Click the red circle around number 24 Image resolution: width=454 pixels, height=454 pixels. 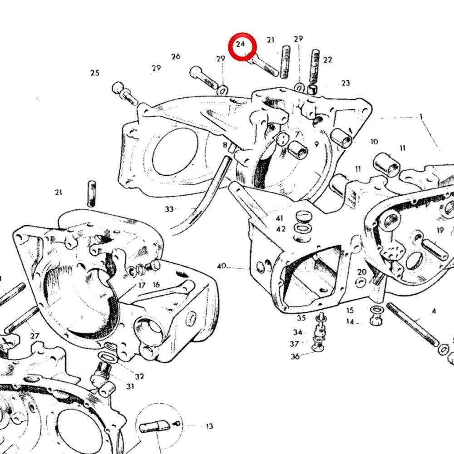pos(242,33)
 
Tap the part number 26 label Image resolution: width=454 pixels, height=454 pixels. pos(176,56)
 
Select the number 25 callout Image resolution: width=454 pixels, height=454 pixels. pos(95,73)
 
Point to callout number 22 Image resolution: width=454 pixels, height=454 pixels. pos(327,60)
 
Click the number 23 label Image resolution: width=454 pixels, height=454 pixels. pos(345,83)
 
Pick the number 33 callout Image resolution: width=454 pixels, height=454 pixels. pos(169,209)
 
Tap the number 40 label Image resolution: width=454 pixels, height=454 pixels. pos(222,266)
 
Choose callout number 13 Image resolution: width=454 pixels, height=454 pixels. pos(209,426)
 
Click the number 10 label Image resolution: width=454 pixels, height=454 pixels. pos(374,142)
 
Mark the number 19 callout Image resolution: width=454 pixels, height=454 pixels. pos(440,231)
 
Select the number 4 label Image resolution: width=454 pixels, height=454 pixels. pos(434,311)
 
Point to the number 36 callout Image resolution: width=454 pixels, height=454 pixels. pos(295,356)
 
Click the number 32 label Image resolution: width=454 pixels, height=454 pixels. pos(139,376)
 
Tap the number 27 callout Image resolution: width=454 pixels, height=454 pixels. pos(35,336)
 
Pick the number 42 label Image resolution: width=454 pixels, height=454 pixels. pos(281,229)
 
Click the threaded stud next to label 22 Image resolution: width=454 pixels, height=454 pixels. pos(315,67)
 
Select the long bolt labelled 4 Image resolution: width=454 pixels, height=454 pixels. pos(413,325)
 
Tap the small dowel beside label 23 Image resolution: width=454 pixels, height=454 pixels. pos(312,89)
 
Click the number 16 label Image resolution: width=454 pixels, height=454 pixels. pos(156,285)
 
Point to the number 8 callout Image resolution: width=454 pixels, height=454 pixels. pos(225,145)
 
